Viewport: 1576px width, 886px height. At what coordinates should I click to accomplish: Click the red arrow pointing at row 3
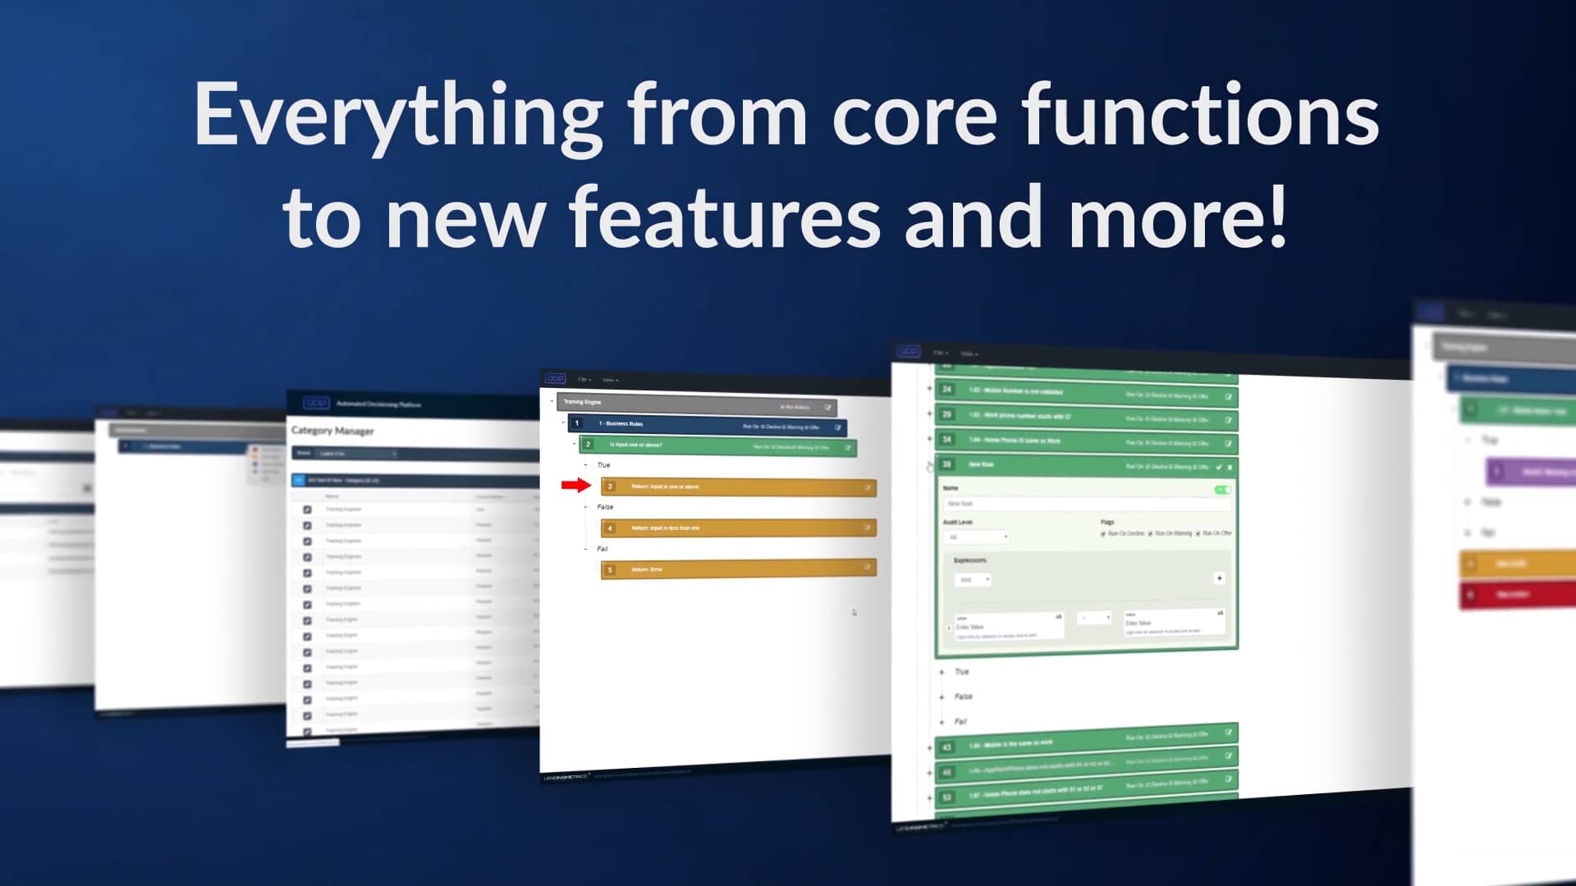(576, 486)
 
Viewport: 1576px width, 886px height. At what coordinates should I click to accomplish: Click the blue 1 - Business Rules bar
(706, 425)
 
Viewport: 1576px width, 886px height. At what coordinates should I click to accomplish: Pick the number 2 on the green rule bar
(588, 444)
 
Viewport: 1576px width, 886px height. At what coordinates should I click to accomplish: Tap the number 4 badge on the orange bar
(610, 527)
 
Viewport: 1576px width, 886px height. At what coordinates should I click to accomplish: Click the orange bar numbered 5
(739, 569)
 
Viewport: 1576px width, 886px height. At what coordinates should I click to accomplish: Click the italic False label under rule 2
(605, 507)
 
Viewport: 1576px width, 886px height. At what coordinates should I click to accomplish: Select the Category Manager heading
(332, 431)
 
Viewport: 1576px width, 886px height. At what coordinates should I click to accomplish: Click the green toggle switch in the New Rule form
(1222, 490)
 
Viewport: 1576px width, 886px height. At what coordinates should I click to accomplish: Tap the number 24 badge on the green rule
(946, 390)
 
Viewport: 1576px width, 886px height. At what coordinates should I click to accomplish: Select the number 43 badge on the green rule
(946, 747)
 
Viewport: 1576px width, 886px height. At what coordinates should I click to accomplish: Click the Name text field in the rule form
(1083, 504)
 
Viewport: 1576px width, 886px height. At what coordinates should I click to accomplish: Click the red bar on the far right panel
(1519, 594)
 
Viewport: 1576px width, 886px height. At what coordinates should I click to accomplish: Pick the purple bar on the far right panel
(1532, 472)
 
